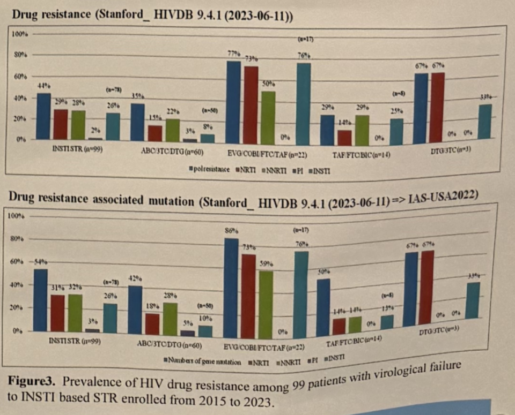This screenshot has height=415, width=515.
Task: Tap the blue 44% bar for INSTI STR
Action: click(44, 116)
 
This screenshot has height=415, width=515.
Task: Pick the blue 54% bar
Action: click(40, 300)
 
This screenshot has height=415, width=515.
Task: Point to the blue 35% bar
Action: click(138, 122)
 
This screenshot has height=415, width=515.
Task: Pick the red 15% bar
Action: click(154, 133)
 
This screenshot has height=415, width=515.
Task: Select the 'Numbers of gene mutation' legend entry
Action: click(203, 361)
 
